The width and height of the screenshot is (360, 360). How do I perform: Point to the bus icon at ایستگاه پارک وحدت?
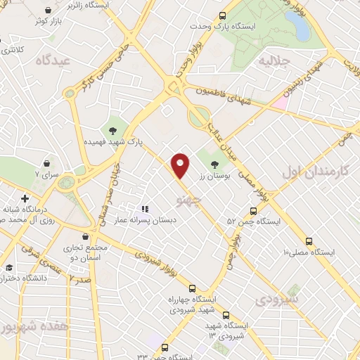point(222,15)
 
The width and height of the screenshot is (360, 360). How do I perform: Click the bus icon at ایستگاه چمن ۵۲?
point(254,211)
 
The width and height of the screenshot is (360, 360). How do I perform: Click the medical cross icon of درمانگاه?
point(25,198)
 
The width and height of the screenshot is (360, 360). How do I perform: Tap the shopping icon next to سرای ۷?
point(46,162)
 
